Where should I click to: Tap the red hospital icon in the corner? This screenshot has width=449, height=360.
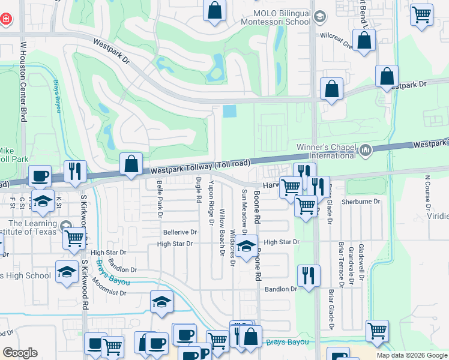pos(5,19)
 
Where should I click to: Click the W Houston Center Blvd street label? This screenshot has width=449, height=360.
pos(24,82)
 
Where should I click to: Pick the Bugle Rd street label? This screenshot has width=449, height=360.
pos(198,190)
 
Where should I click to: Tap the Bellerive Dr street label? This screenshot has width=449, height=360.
pos(179,232)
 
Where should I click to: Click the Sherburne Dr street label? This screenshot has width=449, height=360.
pos(361,202)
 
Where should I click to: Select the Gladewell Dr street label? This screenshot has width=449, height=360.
pos(361,264)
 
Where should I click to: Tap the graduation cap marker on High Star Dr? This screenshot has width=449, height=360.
pos(245,247)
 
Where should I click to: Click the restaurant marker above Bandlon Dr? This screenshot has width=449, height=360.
pos(309,276)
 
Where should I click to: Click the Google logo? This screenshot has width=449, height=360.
pos(20,353)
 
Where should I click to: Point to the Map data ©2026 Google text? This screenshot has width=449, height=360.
pos(411,355)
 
